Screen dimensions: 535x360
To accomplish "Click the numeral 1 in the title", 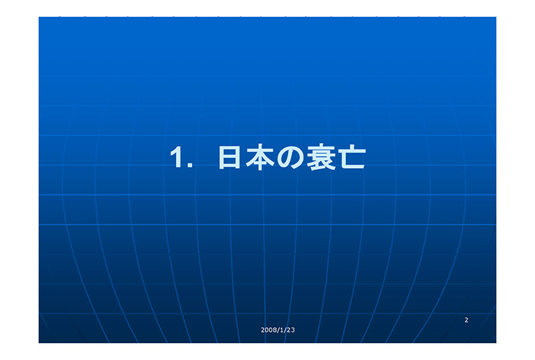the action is click(x=177, y=157).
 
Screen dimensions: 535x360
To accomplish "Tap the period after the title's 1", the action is click(x=190, y=165).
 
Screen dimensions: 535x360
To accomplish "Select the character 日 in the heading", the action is click(x=229, y=157).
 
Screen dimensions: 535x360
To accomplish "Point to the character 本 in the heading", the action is click(x=259, y=157).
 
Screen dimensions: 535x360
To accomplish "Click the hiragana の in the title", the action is click(x=290, y=157).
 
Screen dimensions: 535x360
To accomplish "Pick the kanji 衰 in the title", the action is click(x=321, y=157).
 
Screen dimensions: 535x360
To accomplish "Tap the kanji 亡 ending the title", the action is click(x=352, y=157).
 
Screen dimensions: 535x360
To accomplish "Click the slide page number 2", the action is click(x=466, y=320).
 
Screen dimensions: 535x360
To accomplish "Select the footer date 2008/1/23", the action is click(x=278, y=330).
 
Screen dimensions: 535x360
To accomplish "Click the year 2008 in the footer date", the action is click(x=268, y=330).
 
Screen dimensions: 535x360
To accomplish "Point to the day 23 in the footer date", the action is click(x=291, y=330).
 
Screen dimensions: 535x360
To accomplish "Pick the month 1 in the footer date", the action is click(x=282, y=330).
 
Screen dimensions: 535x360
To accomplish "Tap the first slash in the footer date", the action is click(x=278, y=330).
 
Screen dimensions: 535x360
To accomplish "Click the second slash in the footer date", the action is click(x=286, y=330).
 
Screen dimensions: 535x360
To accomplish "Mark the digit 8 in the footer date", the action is click(x=274, y=330).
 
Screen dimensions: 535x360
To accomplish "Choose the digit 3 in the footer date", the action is click(x=293, y=330).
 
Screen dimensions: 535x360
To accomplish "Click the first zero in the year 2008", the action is click(x=266, y=330).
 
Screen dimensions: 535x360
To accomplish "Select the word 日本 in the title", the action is click(x=246, y=157).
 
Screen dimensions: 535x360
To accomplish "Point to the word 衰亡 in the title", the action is click(x=336, y=157).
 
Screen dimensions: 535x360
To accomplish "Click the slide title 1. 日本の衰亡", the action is click(x=268, y=157).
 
